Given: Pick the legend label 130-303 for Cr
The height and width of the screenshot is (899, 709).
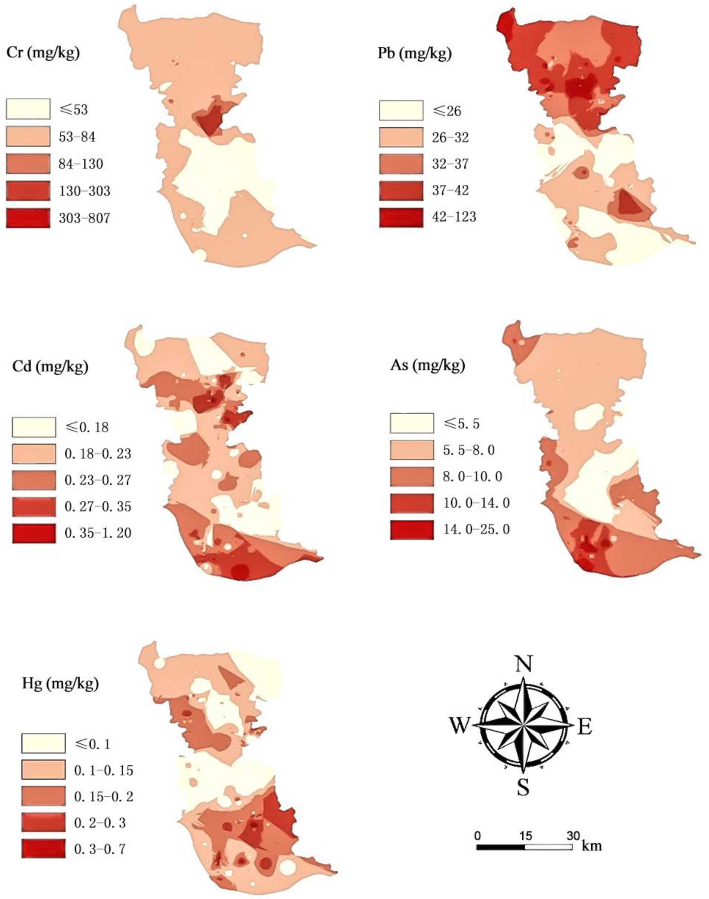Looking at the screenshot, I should pos(84,191).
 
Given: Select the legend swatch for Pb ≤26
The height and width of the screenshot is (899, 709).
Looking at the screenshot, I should pos(401,111).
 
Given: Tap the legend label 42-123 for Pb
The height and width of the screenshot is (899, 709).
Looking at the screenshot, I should pos(453,217).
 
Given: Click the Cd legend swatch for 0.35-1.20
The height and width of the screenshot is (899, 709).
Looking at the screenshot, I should pos(34,533).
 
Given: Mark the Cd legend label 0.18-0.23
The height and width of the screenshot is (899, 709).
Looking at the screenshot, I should pos(98,454).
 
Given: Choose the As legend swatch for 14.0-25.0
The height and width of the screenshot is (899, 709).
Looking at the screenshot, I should pos(412,530).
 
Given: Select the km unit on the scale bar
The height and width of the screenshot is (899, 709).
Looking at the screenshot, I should pos(592,845).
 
